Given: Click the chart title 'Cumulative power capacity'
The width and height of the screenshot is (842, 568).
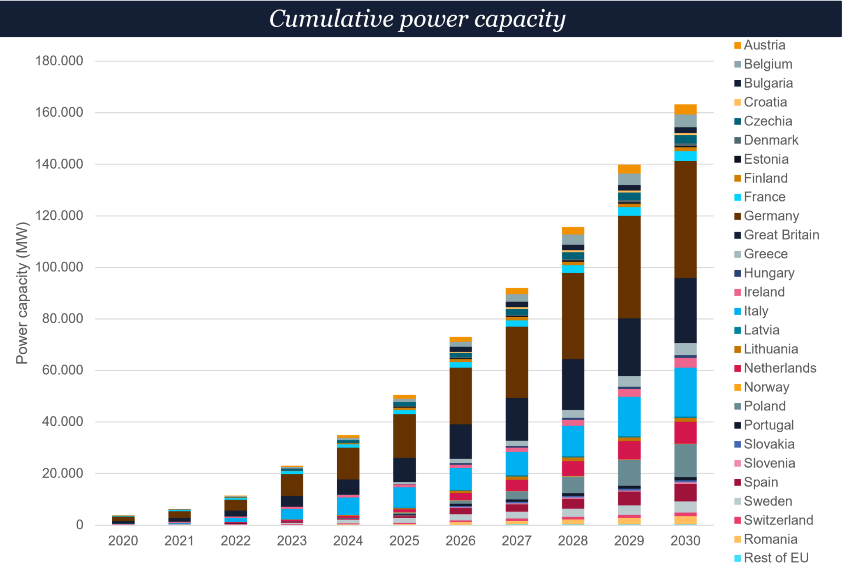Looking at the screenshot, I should click(x=417, y=19).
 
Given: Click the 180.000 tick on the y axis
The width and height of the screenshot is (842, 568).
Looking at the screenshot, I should click(x=59, y=61).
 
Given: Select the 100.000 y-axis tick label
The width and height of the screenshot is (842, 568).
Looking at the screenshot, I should click(x=59, y=267).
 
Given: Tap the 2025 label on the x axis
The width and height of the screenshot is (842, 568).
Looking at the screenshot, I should click(x=404, y=540).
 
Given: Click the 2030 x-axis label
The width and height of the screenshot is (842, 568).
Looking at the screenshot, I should click(x=685, y=540).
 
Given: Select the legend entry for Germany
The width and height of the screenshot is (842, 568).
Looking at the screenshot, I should click(x=771, y=216).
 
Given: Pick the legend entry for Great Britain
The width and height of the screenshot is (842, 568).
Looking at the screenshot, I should click(x=781, y=235).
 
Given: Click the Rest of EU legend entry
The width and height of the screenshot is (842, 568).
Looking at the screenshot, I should click(x=776, y=558).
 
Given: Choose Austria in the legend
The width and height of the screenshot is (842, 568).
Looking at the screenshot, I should click(x=764, y=45).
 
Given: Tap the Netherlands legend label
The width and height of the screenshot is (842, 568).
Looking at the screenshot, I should click(x=780, y=368).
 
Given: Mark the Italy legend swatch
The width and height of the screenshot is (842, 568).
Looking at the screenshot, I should click(x=738, y=311).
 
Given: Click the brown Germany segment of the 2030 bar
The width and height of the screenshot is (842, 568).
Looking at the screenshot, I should click(x=685, y=219).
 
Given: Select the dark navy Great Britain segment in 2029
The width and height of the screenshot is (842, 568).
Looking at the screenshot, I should click(x=629, y=347).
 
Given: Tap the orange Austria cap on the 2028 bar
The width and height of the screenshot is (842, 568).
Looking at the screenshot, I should click(x=573, y=230).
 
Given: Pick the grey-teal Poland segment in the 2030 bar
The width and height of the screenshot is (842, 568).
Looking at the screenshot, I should click(x=685, y=460).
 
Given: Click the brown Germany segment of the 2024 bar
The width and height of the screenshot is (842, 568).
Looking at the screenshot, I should click(x=348, y=463).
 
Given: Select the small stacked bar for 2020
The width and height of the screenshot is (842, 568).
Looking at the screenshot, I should click(x=123, y=520).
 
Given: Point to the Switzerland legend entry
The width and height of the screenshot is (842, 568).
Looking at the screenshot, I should click(x=778, y=520).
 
